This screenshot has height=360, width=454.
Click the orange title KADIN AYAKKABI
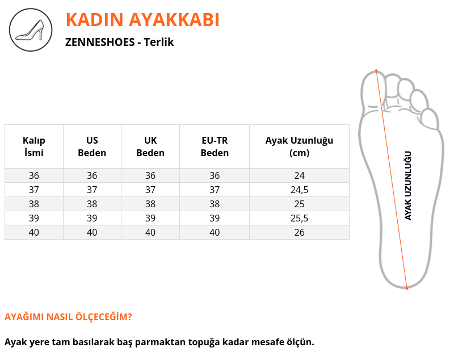tap(142, 20)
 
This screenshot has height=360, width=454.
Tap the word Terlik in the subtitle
tap(159, 42)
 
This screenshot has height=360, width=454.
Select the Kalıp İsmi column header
tap(34, 146)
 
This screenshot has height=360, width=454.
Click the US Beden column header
tap(92, 146)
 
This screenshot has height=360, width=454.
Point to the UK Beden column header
tap(150, 146)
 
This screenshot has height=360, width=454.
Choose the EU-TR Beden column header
tap(215, 146)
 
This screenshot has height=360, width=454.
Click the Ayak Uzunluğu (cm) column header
tap(300, 146)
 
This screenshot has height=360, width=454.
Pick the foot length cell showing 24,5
tap(300, 190)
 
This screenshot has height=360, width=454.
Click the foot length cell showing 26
tap(300, 232)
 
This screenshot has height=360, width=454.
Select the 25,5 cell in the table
tap(300, 218)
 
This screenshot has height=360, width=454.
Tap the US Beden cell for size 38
tap(92, 204)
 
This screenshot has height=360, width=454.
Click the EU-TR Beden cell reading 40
tap(215, 232)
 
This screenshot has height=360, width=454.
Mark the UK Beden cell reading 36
tap(150, 175)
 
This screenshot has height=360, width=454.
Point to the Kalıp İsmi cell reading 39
tap(34, 218)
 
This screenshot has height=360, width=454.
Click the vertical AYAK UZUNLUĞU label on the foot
tap(408, 186)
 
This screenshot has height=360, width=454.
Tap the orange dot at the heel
tap(407, 288)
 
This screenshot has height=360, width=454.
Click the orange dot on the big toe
tap(376, 70)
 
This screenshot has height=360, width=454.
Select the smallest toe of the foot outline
tap(430, 119)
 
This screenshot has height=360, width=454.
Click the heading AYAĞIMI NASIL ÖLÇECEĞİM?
tap(68, 317)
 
